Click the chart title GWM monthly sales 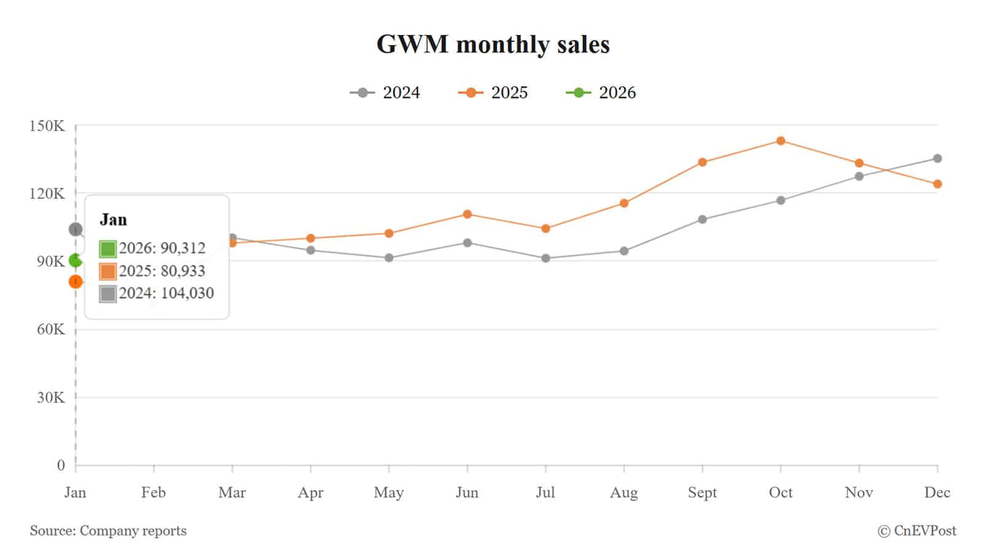click(x=493, y=44)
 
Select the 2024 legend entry click(x=386, y=93)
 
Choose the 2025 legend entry click(x=493, y=93)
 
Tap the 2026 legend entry click(x=601, y=93)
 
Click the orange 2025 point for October click(x=780, y=141)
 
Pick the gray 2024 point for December click(x=937, y=159)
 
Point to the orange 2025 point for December click(x=937, y=184)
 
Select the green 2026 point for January click(x=76, y=261)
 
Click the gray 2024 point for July click(x=546, y=259)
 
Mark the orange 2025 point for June click(x=467, y=214)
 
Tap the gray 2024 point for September click(x=702, y=219)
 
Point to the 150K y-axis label click(x=47, y=126)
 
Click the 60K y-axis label click(x=50, y=329)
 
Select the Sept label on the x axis click(x=702, y=492)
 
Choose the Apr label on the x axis click(x=311, y=492)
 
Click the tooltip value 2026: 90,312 click(x=162, y=248)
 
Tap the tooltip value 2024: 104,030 click(x=166, y=293)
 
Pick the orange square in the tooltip click(x=108, y=271)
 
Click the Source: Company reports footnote click(x=108, y=531)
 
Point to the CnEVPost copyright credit click(x=917, y=531)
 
